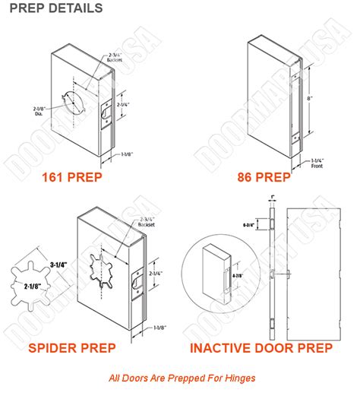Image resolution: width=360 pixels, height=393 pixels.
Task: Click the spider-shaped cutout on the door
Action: click(96, 267)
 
